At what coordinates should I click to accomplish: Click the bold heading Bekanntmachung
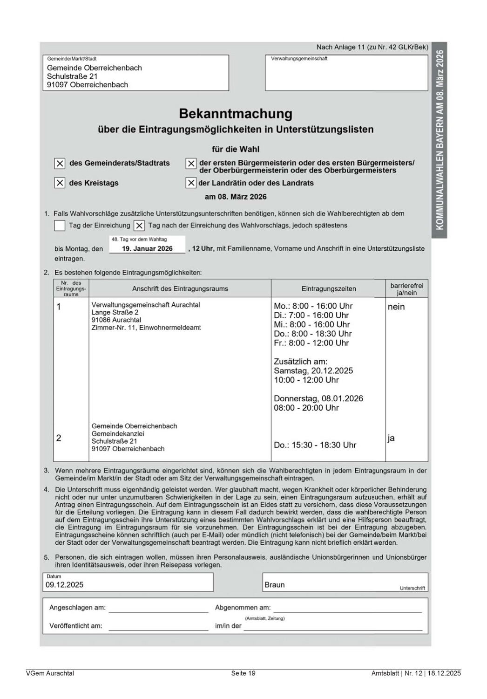[x=236, y=114]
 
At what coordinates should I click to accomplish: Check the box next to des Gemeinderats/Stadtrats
[x=60, y=164]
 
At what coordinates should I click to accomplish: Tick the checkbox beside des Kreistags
[x=60, y=183]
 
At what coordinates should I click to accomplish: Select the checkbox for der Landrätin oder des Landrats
[x=191, y=183]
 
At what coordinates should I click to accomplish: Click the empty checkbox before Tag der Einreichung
[x=60, y=226]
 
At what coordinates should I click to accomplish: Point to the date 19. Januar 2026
[x=147, y=249]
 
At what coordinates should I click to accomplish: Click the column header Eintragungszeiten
[x=329, y=289]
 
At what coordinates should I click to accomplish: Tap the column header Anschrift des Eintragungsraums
[x=180, y=289]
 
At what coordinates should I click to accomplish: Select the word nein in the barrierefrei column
[x=396, y=307]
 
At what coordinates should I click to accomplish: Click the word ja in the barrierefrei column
[x=391, y=438]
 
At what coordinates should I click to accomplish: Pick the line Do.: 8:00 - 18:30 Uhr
[x=313, y=334]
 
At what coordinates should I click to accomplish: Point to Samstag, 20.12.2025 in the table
[x=313, y=371]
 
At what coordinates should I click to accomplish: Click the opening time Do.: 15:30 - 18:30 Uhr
[x=315, y=445]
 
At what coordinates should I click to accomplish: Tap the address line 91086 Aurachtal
[x=116, y=320]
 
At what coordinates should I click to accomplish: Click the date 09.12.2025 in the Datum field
[x=65, y=585]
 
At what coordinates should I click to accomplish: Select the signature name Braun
[x=275, y=585]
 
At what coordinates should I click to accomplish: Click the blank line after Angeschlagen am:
[x=158, y=608]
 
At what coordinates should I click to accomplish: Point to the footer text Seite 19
[x=243, y=673]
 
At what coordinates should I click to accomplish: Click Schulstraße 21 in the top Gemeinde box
[x=72, y=76]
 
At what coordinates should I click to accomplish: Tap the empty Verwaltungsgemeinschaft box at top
[x=346, y=75]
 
